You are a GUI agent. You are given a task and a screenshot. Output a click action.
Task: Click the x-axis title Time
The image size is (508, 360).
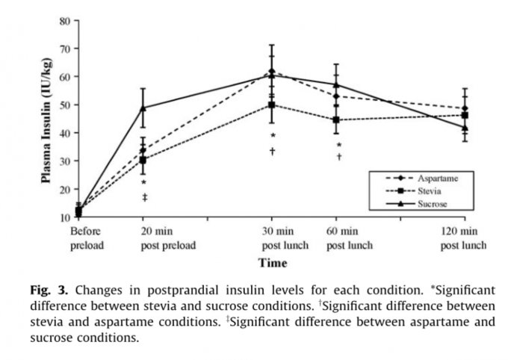click(273, 263)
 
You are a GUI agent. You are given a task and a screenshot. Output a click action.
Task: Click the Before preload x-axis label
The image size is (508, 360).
click(85, 238)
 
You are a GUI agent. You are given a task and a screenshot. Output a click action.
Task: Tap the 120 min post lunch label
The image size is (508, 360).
click(463, 238)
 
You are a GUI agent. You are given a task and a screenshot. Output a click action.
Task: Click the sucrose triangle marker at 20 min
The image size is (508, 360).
click(143, 108)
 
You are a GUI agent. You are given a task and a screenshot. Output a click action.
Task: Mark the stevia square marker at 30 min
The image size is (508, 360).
click(272, 105)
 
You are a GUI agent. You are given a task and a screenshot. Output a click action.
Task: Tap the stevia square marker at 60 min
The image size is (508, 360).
click(337, 120)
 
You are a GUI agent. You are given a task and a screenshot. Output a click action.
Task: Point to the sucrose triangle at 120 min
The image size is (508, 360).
click(465, 128)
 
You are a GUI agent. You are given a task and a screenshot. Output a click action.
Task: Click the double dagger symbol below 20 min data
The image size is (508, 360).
click(143, 196)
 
